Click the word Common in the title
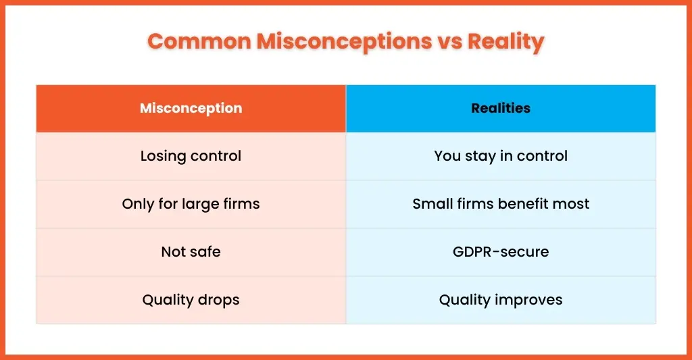[x=199, y=41]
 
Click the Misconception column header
[x=191, y=109]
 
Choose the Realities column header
[x=501, y=109]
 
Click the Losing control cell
[x=191, y=156]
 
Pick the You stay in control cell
[x=501, y=156]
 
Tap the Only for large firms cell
[x=191, y=204]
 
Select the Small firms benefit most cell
[x=501, y=204]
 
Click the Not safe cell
[x=191, y=252]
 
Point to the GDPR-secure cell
[x=501, y=252]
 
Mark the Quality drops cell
[x=191, y=300]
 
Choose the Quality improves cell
[x=501, y=300]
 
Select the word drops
[x=218, y=301]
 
